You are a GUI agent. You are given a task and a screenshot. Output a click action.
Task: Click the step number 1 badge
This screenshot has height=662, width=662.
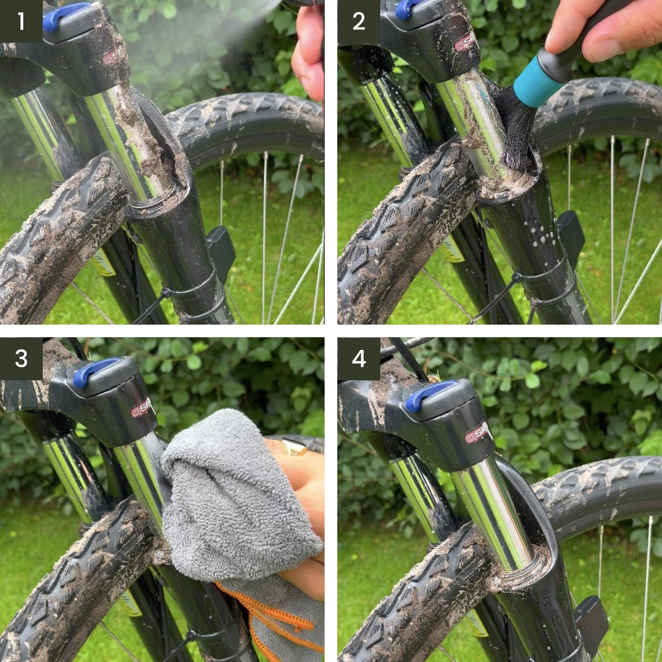(21, 21)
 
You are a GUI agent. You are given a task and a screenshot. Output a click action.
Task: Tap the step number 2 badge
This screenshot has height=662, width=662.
(359, 21)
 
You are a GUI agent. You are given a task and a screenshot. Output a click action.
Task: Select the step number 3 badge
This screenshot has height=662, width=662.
(21, 359)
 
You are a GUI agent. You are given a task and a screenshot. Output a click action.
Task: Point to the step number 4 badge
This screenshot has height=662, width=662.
(359, 359)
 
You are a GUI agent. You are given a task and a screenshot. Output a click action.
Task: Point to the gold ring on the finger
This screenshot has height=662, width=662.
(295, 447)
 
